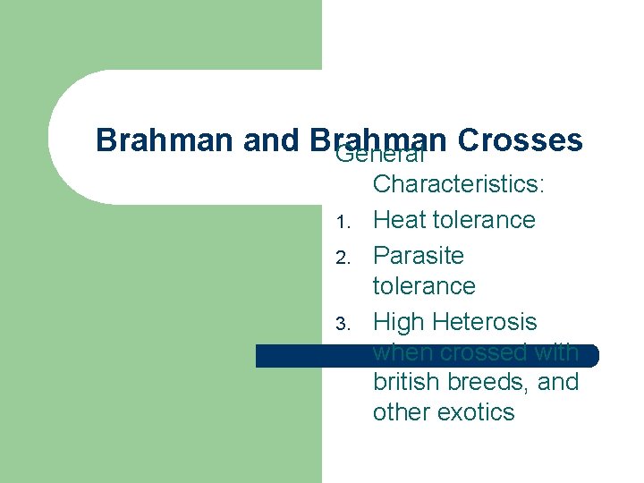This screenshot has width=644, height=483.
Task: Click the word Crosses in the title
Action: [x=519, y=140]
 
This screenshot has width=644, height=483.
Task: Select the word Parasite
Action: [x=419, y=256]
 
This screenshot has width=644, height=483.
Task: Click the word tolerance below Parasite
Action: [x=424, y=286]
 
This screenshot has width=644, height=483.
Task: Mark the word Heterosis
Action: [x=489, y=321]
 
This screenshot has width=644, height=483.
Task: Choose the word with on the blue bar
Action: [x=557, y=352]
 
